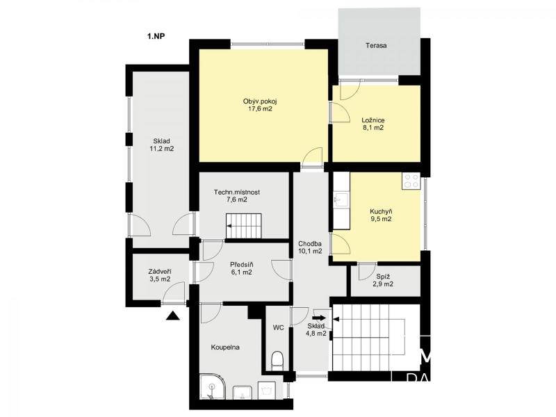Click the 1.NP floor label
(156, 36)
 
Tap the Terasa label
(376, 45)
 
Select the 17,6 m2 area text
(260, 109)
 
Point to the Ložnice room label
(373, 120)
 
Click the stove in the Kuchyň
(411, 181)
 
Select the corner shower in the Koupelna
(212, 386)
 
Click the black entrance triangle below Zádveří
(173, 316)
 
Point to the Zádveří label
(160, 272)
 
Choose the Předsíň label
(241, 265)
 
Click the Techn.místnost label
(237, 193)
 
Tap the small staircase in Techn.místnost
(244, 226)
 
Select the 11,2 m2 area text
(162, 149)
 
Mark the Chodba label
(310, 244)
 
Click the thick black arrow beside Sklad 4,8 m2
(319, 318)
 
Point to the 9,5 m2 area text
(381, 219)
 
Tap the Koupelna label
(225, 347)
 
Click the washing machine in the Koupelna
(267, 391)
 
